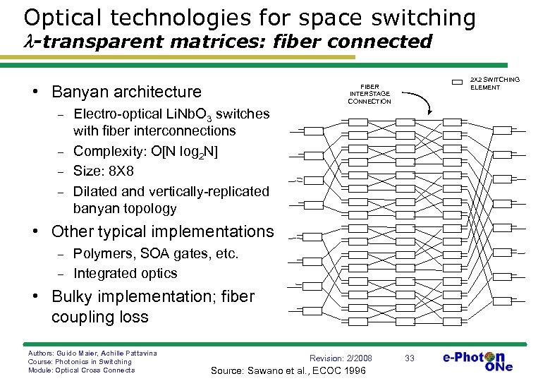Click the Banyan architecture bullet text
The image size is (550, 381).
click(x=126, y=92)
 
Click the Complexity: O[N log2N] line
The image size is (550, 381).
click(x=145, y=151)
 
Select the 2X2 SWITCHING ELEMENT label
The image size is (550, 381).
click(x=494, y=83)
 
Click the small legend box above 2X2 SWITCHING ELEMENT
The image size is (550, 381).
click(x=462, y=83)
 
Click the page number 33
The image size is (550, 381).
click(x=410, y=359)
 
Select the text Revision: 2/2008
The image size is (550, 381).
click(x=341, y=358)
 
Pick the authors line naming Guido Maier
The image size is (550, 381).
click(x=92, y=352)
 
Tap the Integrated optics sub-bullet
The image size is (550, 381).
click(x=125, y=273)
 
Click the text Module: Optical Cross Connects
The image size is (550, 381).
click(x=81, y=370)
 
